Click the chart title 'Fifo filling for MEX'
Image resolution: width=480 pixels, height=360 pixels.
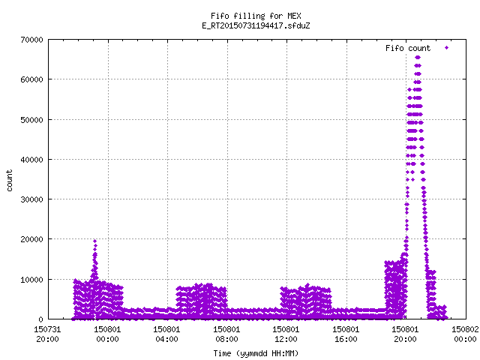256,16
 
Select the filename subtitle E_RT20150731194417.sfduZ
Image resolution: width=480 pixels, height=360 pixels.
256,25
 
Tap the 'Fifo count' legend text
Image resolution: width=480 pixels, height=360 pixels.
408,48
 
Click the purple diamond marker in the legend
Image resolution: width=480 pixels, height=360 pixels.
447,47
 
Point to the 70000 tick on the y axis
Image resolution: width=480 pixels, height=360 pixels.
31,40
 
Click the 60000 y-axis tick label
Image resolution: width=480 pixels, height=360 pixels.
31,79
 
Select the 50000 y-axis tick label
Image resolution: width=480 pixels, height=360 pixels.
31,120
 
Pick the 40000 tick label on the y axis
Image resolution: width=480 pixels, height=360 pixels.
31,160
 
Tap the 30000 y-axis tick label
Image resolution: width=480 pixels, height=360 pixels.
31,199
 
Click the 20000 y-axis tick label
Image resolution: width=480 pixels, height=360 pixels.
31,239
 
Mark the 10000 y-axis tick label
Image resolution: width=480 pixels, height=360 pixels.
31,280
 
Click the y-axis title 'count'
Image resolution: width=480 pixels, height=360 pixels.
9,181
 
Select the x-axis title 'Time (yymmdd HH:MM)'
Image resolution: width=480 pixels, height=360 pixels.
256,353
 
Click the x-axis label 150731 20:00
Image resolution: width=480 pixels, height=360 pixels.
47,334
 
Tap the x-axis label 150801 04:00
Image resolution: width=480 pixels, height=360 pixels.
166,334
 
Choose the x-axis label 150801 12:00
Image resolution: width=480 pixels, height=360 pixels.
286,334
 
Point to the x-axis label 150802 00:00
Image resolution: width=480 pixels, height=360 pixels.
465,334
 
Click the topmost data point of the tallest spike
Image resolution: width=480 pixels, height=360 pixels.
418,58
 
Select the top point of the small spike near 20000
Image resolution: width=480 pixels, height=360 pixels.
95,241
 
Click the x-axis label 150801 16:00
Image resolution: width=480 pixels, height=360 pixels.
346,334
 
